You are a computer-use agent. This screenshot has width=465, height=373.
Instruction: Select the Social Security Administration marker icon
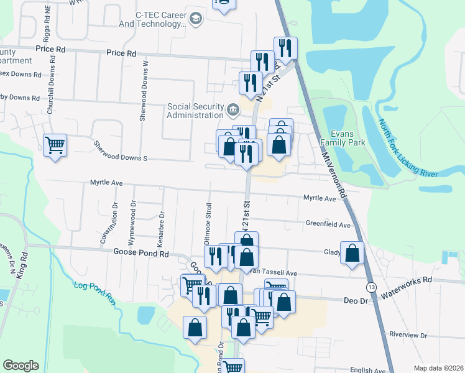[233, 110]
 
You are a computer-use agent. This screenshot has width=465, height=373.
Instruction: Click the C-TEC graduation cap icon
[196, 19]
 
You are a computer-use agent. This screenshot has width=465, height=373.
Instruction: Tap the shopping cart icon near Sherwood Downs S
[55, 145]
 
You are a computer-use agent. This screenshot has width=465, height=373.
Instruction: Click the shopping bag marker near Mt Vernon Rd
[352, 252]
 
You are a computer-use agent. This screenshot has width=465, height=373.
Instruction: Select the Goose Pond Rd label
[141, 254]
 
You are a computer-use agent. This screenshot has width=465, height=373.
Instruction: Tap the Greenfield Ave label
[328, 224]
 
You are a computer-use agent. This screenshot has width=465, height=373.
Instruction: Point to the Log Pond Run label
[94, 293]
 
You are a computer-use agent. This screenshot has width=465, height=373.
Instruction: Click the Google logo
[21, 366]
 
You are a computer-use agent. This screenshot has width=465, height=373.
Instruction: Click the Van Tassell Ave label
[272, 273]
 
